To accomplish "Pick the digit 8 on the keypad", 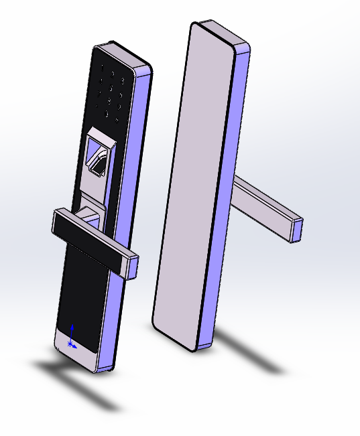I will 109,100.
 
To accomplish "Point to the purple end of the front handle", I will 133,267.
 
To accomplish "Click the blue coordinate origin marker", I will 71,344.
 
